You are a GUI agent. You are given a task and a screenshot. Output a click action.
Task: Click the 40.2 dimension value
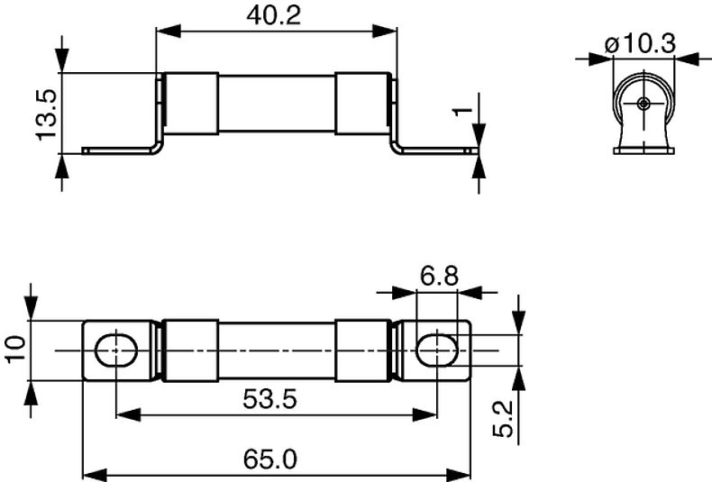click(273, 15)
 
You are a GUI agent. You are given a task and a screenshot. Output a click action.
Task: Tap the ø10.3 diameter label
click(640, 43)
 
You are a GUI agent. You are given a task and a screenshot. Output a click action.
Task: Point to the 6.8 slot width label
click(439, 276)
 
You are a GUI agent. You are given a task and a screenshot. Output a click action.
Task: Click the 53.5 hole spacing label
click(269, 399)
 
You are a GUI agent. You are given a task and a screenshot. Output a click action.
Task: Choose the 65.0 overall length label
click(269, 459)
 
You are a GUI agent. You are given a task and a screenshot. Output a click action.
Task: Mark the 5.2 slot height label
click(503, 418)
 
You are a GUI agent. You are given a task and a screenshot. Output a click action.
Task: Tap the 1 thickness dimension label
click(463, 111)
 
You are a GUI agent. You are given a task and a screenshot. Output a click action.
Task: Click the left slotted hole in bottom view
click(116, 350)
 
